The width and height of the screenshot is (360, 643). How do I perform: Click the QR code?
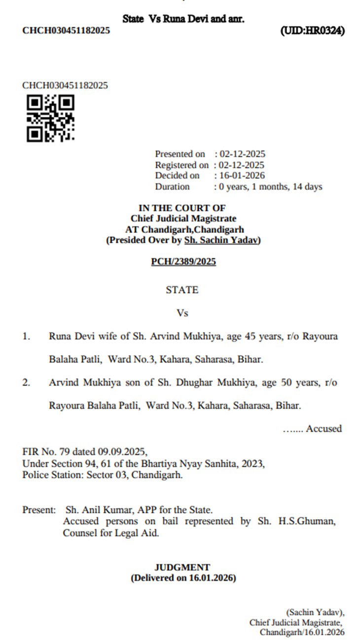point(50,118)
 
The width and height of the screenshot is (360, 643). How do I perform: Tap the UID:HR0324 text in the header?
point(313,31)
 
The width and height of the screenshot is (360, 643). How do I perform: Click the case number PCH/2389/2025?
point(183,262)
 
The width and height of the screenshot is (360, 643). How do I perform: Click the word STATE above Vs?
point(182,290)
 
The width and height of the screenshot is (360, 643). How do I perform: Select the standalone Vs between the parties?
point(182,313)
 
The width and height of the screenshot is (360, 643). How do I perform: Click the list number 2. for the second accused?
point(26,382)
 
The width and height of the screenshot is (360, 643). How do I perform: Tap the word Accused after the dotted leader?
point(324,429)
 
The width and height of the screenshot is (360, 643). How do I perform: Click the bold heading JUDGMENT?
point(182,567)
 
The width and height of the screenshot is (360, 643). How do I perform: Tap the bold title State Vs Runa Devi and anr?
point(183,19)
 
